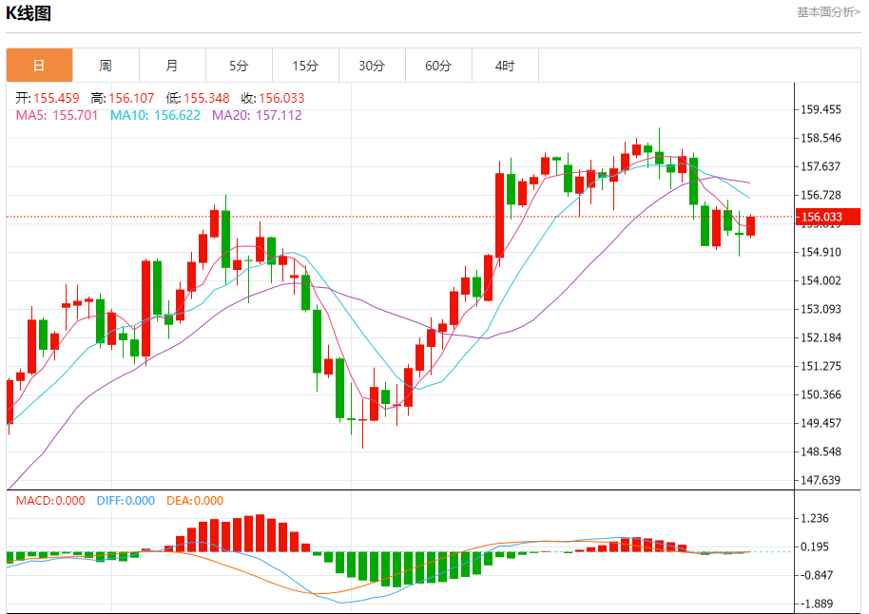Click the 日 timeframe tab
39,66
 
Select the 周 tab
106,66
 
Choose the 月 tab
172,66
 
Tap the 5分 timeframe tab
239,66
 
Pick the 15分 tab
305,66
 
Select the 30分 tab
372,66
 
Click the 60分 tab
438,66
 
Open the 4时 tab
505,66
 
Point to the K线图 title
29,13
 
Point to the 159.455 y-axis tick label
821,109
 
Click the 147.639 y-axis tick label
821,480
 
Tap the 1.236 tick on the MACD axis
817,518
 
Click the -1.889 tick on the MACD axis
817,604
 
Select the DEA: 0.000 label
195,501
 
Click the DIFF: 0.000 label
126,501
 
